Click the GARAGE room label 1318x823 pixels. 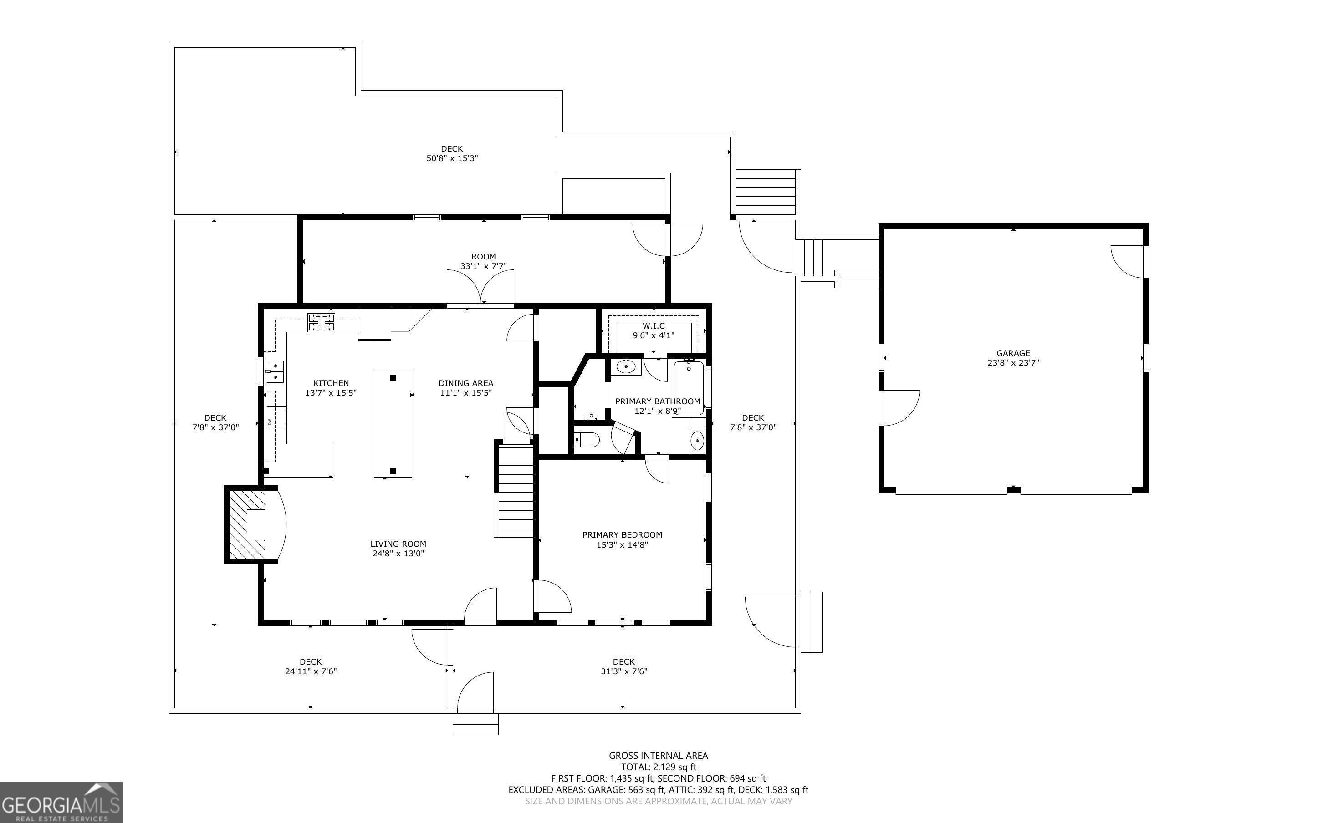point(1013,353)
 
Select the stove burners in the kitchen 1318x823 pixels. point(321,322)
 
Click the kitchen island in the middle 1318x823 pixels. point(393,424)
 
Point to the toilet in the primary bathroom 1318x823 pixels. point(586,439)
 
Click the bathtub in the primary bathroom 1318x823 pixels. point(689,386)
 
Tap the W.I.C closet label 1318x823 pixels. point(653,326)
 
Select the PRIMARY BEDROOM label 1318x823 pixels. point(622,534)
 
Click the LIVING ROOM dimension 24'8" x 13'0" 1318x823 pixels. point(398,554)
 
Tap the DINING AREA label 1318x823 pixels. point(466,383)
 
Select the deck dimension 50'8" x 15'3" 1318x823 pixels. point(452,158)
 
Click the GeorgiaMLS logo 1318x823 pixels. point(61,803)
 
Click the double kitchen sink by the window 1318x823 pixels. point(275,371)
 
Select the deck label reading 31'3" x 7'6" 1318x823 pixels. point(624,671)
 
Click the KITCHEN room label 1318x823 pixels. point(331,383)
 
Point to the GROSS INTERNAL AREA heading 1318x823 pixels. point(658,756)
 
